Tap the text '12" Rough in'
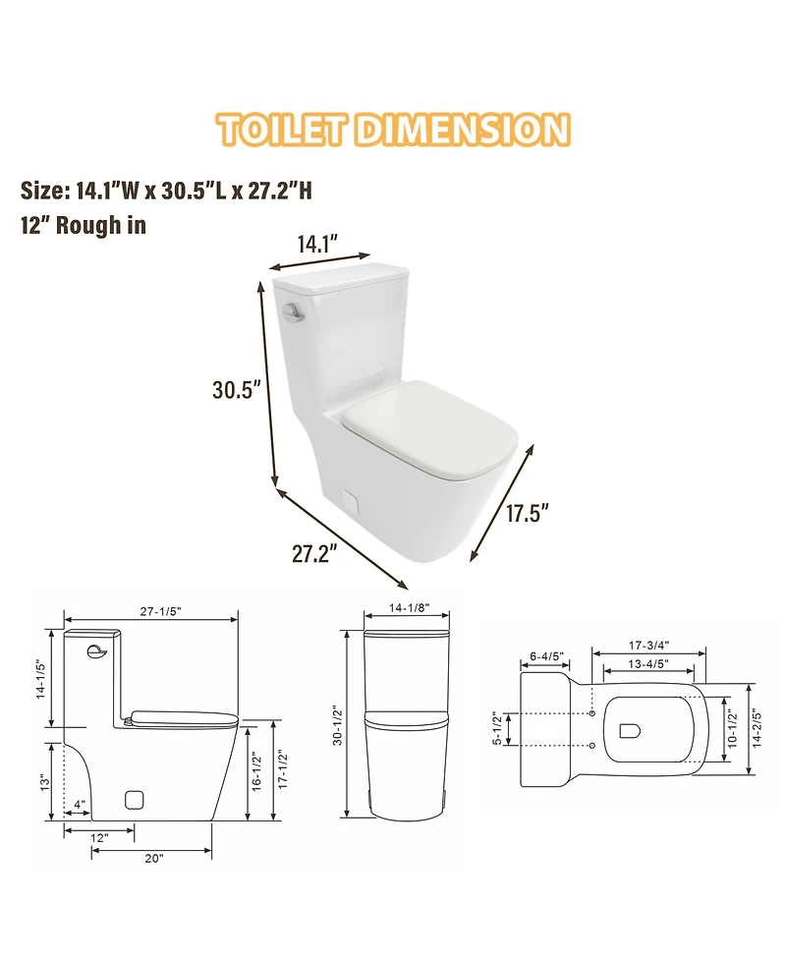click(84, 225)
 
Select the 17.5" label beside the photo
click(527, 514)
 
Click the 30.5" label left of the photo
click(236, 389)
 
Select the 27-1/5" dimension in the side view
click(160, 611)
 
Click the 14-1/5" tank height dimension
click(40, 680)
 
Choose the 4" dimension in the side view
click(80, 805)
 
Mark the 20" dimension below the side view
click(153, 858)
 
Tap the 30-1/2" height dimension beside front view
click(337, 725)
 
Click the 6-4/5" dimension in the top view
click(545, 656)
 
